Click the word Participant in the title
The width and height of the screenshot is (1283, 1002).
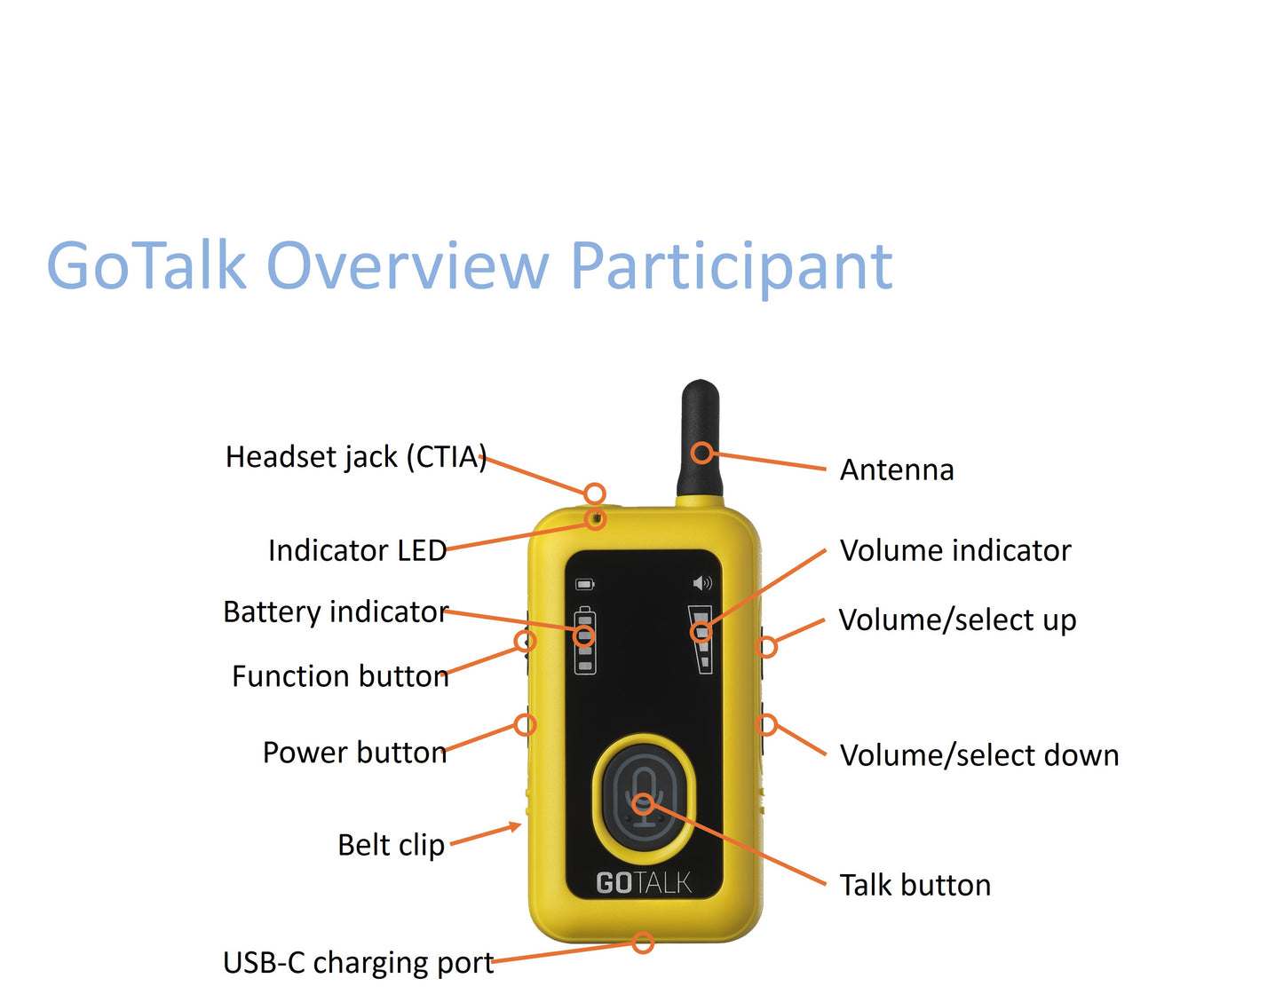pyautogui.click(x=730, y=266)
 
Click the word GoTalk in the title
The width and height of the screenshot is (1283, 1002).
pyautogui.click(x=147, y=266)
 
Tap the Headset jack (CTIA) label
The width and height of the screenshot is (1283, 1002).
pyautogui.click(x=355, y=457)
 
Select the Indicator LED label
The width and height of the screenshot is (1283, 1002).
pyautogui.click(x=357, y=551)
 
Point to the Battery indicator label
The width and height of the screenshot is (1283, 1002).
pyautogui.click(x=336, y=612)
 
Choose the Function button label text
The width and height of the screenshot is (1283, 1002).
pyautogui.click(x=340, y=677)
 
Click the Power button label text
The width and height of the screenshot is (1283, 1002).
pyautogui.click(x=354, y=753)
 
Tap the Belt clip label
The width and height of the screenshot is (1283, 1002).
pyautogui.click(x=391, y=846)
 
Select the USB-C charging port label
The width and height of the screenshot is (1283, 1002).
pyautogui.click(x=358, y=963)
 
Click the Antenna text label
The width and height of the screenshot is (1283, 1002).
pyautogui.click(x=897, y=470)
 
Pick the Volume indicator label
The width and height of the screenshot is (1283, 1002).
pyautogui.click(x=955, y=551)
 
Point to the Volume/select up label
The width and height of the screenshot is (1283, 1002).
pyautogui.click(x=957, y=620)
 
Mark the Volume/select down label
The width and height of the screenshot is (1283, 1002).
pyautogui.click(x=979, y=756)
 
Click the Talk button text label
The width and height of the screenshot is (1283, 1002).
pyautogui.click(x=915, y=886)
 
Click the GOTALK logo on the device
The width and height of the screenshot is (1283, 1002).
pyautogui.click(x=644, y=883)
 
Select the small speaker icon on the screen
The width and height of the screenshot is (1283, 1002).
pyautogui.click(x=701, y=583)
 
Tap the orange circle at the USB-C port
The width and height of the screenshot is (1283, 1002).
pyautogui.click(x=644, y=943)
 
